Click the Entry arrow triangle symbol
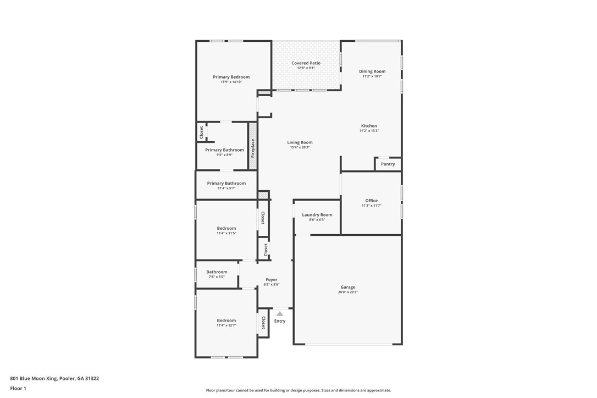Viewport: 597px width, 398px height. (280, 313)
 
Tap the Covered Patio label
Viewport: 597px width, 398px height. (306, 63)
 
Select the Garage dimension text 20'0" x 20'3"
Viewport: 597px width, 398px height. (348, 292)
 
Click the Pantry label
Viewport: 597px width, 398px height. (388, 164)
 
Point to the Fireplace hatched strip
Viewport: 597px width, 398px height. (253, 146)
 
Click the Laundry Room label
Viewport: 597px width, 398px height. (317, 215)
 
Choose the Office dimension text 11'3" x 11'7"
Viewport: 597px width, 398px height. (372, 206)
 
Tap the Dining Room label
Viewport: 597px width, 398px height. (372, 71)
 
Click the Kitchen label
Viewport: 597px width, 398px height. (369, 126)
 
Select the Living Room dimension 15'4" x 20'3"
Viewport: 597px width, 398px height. (300, 147)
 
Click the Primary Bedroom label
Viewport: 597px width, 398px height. (231, 77)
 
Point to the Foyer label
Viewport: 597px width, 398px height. (272, 280)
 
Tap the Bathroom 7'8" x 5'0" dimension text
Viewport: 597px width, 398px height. (217, 277)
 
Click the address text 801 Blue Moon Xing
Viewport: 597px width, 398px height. (34, 379)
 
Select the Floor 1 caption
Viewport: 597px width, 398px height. (18, 389)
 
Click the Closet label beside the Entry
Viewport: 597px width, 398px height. (263, 323)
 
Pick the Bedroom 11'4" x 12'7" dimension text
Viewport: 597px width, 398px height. (226, 325)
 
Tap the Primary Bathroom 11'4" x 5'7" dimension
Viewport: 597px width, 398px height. (226, 188)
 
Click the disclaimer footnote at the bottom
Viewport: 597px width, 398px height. (298, 390)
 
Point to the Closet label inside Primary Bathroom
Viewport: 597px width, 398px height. (201, 132)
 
